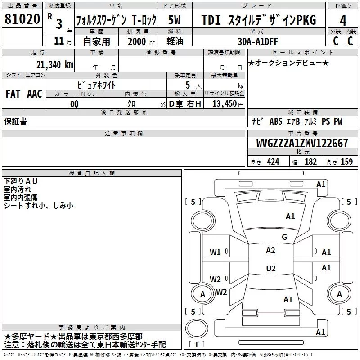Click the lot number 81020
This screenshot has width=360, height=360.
22,19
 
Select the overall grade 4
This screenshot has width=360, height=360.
343,21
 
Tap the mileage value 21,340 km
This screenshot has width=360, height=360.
54,65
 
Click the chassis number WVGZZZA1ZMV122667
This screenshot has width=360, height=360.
302,143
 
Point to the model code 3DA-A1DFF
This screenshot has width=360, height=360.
257,41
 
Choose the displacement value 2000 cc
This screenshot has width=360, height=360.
141,41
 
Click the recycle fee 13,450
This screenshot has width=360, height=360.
224,104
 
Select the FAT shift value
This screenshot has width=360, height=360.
13,94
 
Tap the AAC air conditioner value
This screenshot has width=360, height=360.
35,94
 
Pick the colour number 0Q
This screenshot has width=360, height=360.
74,104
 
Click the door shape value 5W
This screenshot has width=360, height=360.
174,20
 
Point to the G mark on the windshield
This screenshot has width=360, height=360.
284,237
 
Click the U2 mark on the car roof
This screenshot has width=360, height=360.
271,268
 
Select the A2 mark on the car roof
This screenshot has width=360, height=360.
270,251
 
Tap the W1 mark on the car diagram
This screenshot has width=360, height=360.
215,252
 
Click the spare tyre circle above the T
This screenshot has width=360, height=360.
197,328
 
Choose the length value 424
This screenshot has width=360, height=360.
273,162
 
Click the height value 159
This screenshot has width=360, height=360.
346,162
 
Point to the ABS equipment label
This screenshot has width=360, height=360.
276,121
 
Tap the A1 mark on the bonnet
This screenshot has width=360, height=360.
290,216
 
